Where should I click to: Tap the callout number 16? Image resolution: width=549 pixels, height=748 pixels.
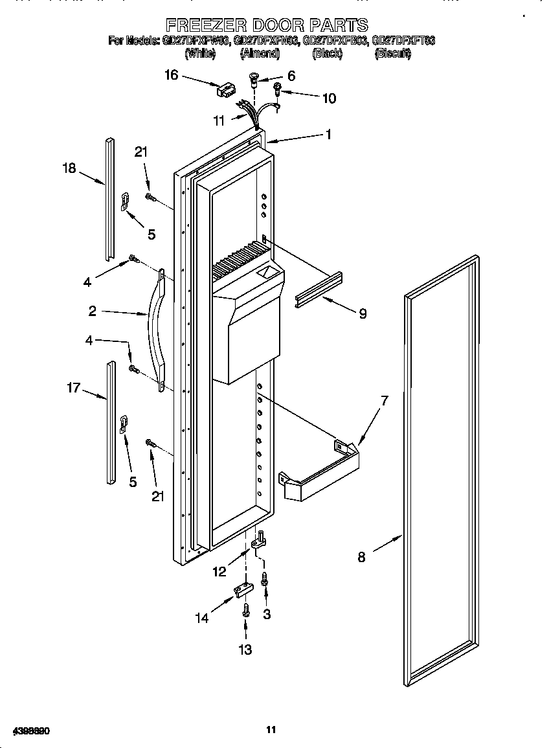point(172,75)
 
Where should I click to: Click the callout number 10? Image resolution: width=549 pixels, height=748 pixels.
point(329,98)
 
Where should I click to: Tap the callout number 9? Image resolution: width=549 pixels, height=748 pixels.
point(363,314)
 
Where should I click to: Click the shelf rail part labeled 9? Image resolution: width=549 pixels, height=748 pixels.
point(319,289)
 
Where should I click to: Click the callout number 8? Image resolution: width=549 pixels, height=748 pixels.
point(361,556)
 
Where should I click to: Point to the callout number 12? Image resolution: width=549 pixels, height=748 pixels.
point(219,572)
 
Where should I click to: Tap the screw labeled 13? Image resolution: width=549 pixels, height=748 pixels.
point(247,610)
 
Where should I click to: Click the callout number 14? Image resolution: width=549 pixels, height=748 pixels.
point(203,618)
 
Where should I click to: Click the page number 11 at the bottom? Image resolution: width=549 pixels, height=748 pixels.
point(271,730)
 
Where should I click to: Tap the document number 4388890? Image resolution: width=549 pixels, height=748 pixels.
point(27,731)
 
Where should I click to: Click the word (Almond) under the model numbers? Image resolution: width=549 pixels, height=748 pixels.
point(260,54)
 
